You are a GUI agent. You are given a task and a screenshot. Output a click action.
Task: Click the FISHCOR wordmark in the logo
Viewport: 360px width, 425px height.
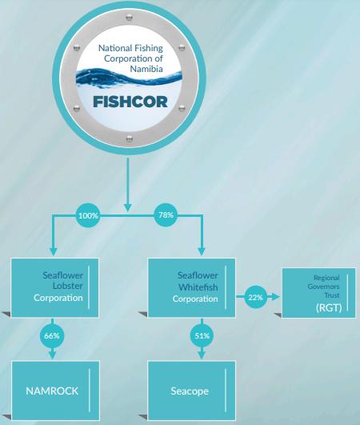130,102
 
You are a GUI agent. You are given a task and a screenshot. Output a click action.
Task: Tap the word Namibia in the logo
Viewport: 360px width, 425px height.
146,69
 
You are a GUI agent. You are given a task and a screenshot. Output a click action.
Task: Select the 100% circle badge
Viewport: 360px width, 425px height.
88,215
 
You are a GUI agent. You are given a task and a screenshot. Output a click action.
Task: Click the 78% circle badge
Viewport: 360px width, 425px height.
166,215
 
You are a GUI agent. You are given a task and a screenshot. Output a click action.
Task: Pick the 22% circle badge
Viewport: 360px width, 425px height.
255,297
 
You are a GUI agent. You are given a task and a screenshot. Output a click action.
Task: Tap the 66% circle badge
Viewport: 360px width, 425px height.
52,336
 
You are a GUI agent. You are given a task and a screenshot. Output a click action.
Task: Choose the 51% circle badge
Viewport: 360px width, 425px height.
202,336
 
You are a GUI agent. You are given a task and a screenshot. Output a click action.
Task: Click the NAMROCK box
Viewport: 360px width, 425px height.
55,391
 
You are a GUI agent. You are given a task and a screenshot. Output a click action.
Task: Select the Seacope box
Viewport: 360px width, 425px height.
191,391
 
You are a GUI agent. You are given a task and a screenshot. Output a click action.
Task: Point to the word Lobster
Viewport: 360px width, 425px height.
68,286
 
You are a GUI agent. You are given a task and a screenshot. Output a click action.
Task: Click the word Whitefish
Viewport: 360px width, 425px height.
198,287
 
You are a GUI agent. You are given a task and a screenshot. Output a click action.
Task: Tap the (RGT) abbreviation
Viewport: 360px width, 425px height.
329,307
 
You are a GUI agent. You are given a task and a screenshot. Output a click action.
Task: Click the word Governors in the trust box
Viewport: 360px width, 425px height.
323,287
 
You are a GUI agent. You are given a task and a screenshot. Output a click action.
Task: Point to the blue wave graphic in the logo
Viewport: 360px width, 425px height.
129,78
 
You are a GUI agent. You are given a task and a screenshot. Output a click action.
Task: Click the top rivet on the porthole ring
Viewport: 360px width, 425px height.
130,18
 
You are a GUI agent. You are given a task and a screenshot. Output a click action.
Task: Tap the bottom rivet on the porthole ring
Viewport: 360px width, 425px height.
130,138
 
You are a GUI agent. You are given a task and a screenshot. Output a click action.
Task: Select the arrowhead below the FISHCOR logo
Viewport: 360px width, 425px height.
127,207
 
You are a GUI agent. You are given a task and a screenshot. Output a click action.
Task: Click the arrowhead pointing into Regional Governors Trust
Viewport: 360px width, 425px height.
275,297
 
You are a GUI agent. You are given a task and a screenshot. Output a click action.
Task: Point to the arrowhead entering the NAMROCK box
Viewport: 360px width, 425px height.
52,355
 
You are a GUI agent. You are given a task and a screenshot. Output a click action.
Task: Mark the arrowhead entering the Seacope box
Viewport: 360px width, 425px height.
202,355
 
